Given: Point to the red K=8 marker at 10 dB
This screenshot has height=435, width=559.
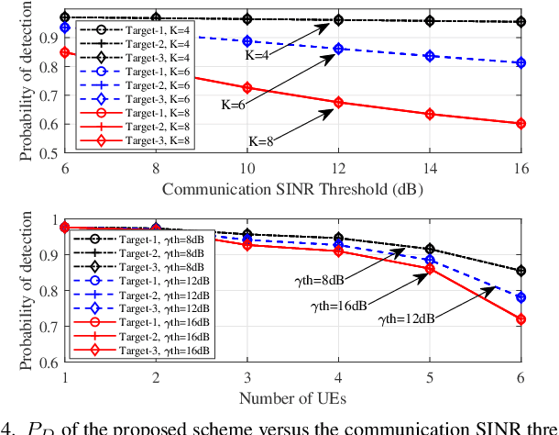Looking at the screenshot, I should pyautogui.click(x=247, y=88).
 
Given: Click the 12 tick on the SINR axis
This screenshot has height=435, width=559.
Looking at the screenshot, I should pyautogui.click(x=338, y=170).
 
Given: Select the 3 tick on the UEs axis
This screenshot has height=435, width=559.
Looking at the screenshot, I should pyautogui.click(x=247, y=379).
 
